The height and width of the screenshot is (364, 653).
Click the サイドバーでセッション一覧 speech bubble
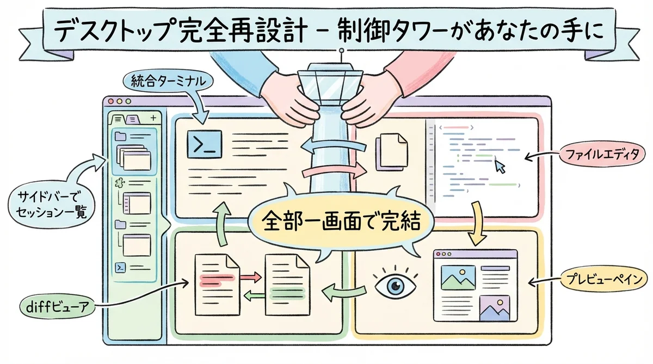[x=50, y=203]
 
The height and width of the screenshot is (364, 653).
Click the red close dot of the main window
[x=111, y=102]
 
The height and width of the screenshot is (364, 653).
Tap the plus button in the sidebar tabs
[x=153, y=117]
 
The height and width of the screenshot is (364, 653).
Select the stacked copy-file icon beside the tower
[x=391, y=151]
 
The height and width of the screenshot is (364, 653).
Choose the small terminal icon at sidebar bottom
[x=121, y=268]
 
